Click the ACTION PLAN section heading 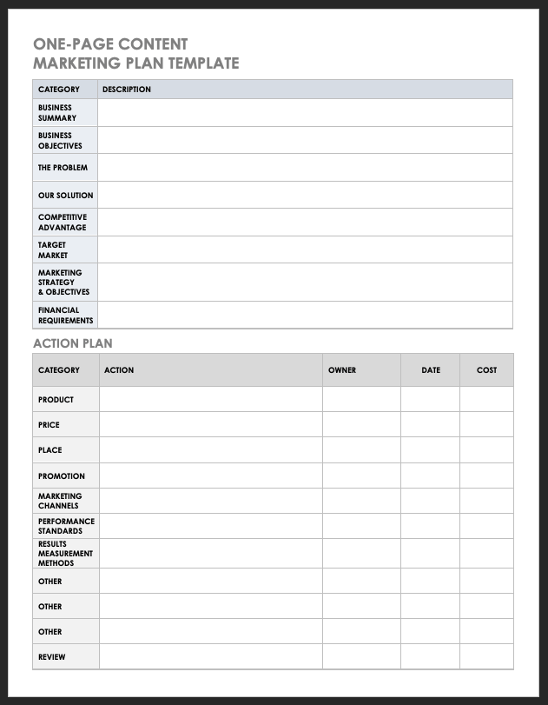click(x=73, y=343)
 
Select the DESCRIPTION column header click(x=126, y=90)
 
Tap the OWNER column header click(x=342, y=370)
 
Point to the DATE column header click(x=431, y=370)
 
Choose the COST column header click(x=486, y=370)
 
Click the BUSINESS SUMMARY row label click(x=56, y=113)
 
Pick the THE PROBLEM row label click(x=63, y=168)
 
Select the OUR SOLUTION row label click(x=65, y=196)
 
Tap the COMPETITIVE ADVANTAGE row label click(x=62, y=223)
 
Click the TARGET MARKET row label click(x=53, y=250)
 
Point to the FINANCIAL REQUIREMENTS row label click(x=65, y=315)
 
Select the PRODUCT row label click(x=56, y=400)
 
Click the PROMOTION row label click(x=61, y=476)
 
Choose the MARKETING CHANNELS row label click(x=59, y=501)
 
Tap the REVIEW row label click(x=51, y=657)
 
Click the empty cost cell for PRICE click(x=486, y=425)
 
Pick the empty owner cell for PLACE click(x=361, y=450)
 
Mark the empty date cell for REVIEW click(x=430, y=657)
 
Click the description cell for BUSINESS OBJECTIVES click(x=304, y=141)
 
